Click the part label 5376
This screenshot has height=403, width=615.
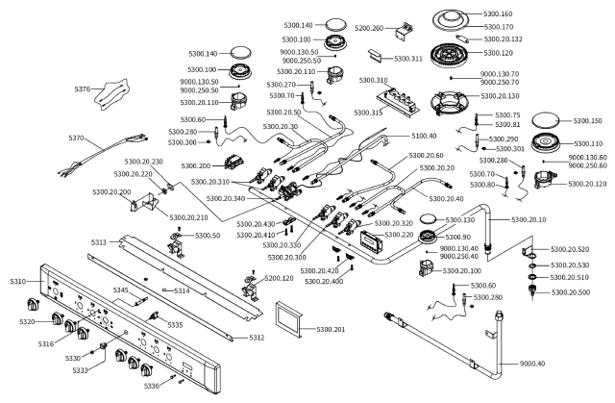point(83,89)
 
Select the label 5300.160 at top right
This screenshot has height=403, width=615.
point(498,13)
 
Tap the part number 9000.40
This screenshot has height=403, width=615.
point(532,364)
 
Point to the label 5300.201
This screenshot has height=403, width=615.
point(331,329)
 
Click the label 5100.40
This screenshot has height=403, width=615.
point(424,136)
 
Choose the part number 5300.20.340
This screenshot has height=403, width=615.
point(226,198)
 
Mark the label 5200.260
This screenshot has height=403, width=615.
point(369,28)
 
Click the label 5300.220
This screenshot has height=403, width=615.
point(399,235)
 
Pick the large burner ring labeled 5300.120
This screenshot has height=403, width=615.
point(450,55)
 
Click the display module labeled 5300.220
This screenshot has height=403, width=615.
point(371,240)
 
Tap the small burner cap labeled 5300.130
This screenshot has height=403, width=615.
point(428,218)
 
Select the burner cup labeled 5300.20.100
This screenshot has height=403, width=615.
point(428,269)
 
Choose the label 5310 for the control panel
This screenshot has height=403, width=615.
point(17,282)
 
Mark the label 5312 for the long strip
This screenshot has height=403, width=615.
point(257,338)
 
